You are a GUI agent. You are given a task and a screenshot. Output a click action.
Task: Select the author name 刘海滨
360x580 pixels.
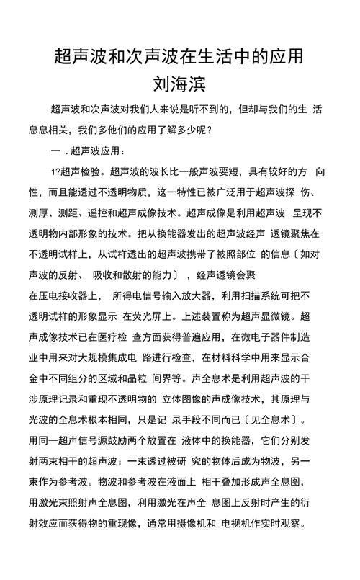(180, 84)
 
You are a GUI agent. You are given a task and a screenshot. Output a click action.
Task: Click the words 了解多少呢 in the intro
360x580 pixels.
(184, 130)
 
